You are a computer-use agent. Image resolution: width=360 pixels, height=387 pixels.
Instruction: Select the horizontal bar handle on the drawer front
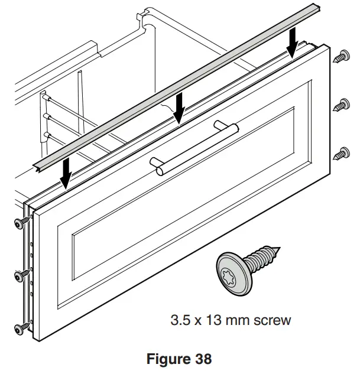[194, 148]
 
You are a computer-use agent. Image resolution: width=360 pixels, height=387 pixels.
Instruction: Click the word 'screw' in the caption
[273, 321]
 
